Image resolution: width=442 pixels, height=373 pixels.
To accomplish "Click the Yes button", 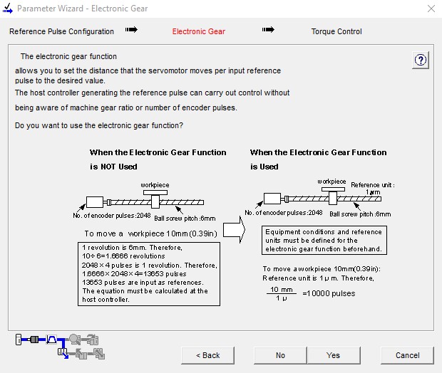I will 333,354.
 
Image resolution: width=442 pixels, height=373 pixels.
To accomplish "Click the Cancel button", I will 407,354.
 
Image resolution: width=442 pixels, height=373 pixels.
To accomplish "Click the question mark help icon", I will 421,61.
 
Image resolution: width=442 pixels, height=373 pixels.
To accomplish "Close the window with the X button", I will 431,9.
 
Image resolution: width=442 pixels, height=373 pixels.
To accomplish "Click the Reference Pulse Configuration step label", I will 61,31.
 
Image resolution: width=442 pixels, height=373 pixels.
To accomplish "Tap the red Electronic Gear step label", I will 199,31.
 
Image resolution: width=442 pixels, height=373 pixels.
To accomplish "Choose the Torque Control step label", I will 336,31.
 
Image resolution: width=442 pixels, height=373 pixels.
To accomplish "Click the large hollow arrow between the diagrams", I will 234,232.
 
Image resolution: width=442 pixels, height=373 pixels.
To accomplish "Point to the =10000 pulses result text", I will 329,293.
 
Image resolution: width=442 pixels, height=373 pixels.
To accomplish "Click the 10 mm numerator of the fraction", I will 277,289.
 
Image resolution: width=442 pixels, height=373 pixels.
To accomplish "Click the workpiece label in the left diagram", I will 155,185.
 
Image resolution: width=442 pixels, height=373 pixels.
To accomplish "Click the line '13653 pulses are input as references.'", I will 133,282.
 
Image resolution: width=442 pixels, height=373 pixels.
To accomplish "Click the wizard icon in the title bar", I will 8,9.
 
